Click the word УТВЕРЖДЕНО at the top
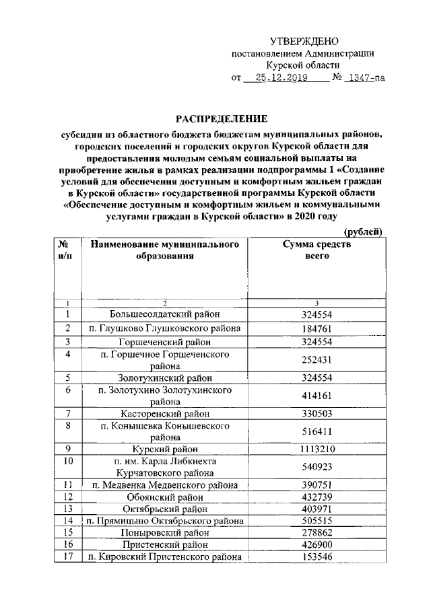point(304,42)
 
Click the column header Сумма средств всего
point(317,250)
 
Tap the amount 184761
point(316,328)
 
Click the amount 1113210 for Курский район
point(316,449)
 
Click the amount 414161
point(316,396)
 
